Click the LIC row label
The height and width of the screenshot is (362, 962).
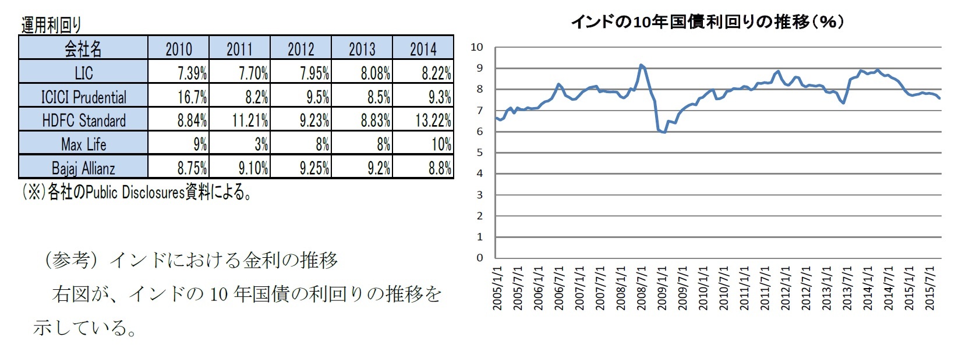coord(83,73)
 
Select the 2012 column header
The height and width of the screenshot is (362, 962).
coord(300,49)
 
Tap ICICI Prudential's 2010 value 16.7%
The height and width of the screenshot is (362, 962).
coord(192,97)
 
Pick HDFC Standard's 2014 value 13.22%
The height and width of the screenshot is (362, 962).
coord(433,120)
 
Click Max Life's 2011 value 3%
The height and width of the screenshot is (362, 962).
coord(261,144)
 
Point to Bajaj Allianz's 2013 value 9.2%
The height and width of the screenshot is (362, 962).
coord(379,168)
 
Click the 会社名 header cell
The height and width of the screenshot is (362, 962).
coord(83,49)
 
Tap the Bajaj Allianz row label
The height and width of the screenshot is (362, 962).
coord(83,168)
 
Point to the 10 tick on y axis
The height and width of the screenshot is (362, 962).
coord(477,47)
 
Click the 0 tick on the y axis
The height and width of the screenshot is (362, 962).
coord(480,258)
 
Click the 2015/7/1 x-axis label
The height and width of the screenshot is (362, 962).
coord(929,288)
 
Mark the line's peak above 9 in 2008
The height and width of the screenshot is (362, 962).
coord(641,65)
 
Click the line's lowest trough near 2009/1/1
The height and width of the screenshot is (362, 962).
coord(664,133)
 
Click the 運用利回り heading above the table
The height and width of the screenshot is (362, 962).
coord(51,25)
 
